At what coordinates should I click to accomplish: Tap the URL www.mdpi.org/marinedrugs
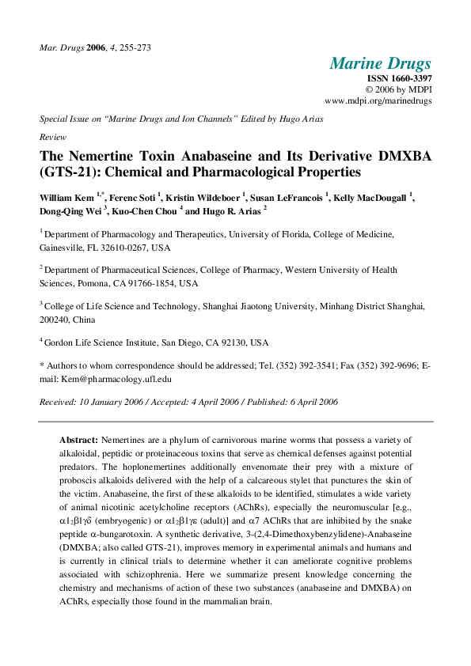coord(378,101)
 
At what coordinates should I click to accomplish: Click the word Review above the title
coord(52,136)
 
